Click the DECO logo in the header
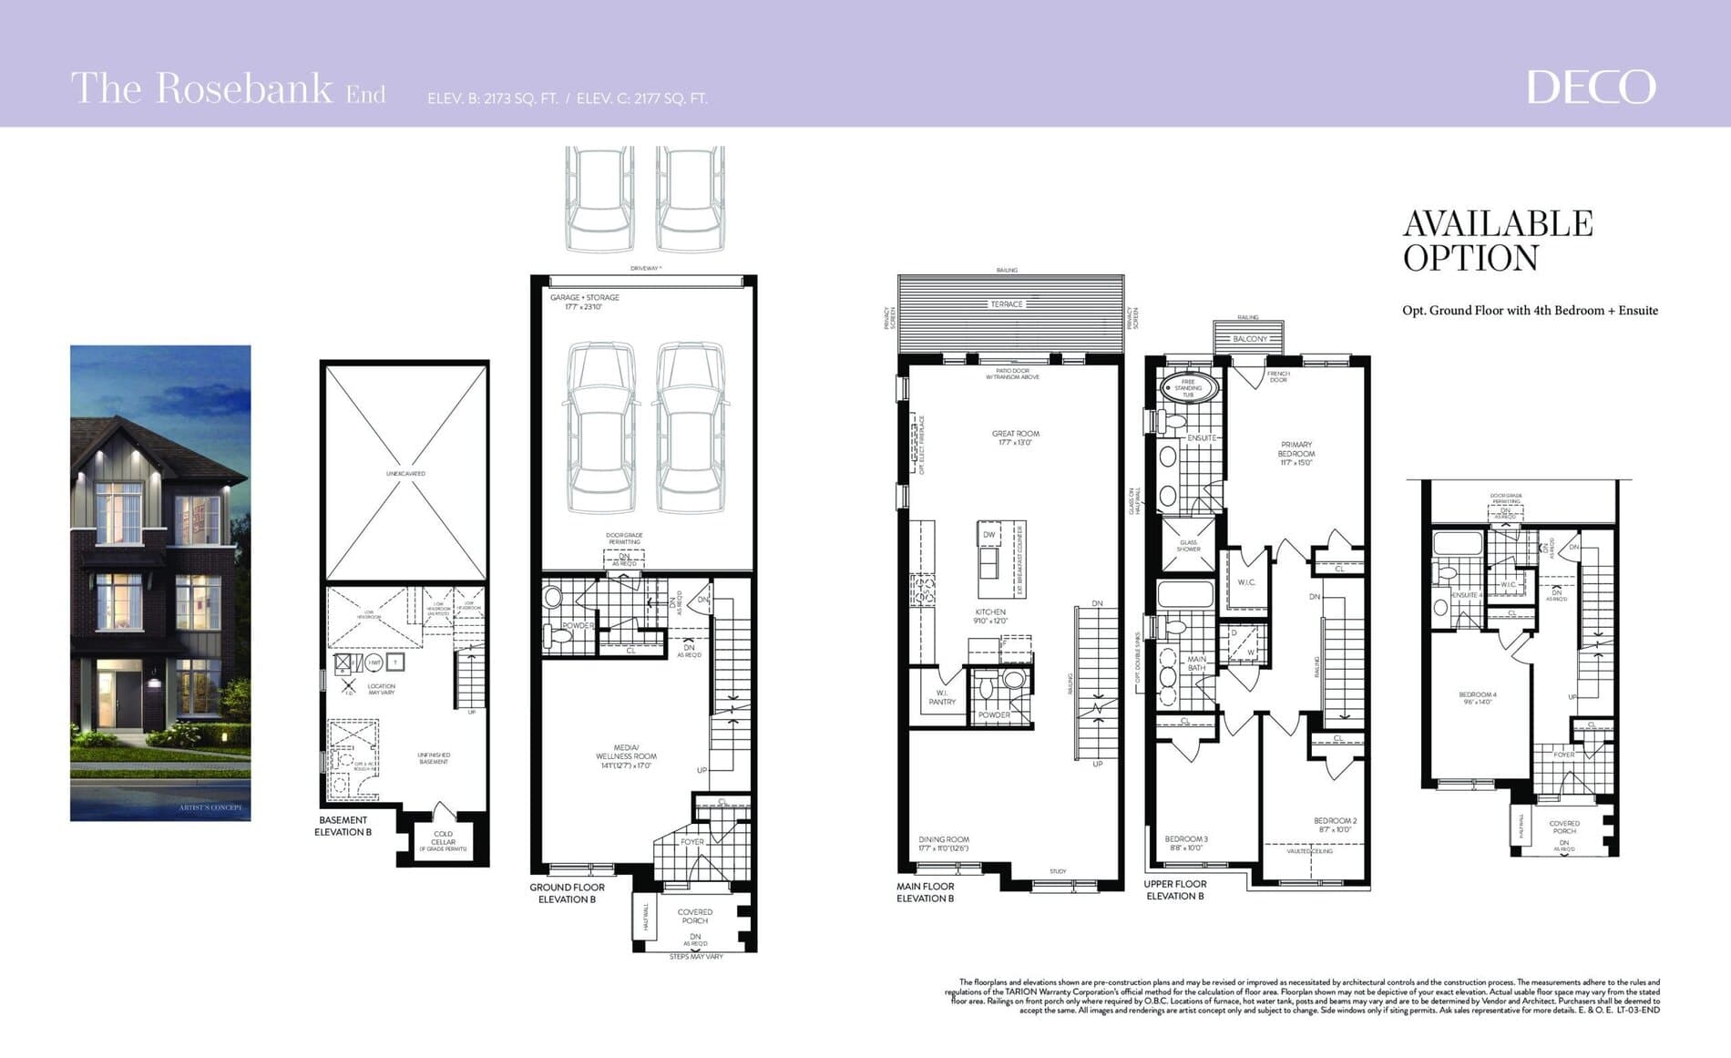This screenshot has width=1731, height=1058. tap(1590, 87)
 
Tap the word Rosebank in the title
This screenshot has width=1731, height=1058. tap(244, 88)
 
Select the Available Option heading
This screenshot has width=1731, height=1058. tap(1497, 241)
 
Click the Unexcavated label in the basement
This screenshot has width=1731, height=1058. tap(405, 474)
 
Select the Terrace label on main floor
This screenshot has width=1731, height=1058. tap(1007, 304)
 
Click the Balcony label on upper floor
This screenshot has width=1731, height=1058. tap(1249, 339)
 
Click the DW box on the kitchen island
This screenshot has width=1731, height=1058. tap(988, 535)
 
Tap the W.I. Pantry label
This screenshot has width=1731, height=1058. tap(942, 697)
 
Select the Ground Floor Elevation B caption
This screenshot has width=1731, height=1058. tap(567, 893)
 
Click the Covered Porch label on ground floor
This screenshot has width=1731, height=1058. tap(694, 916)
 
